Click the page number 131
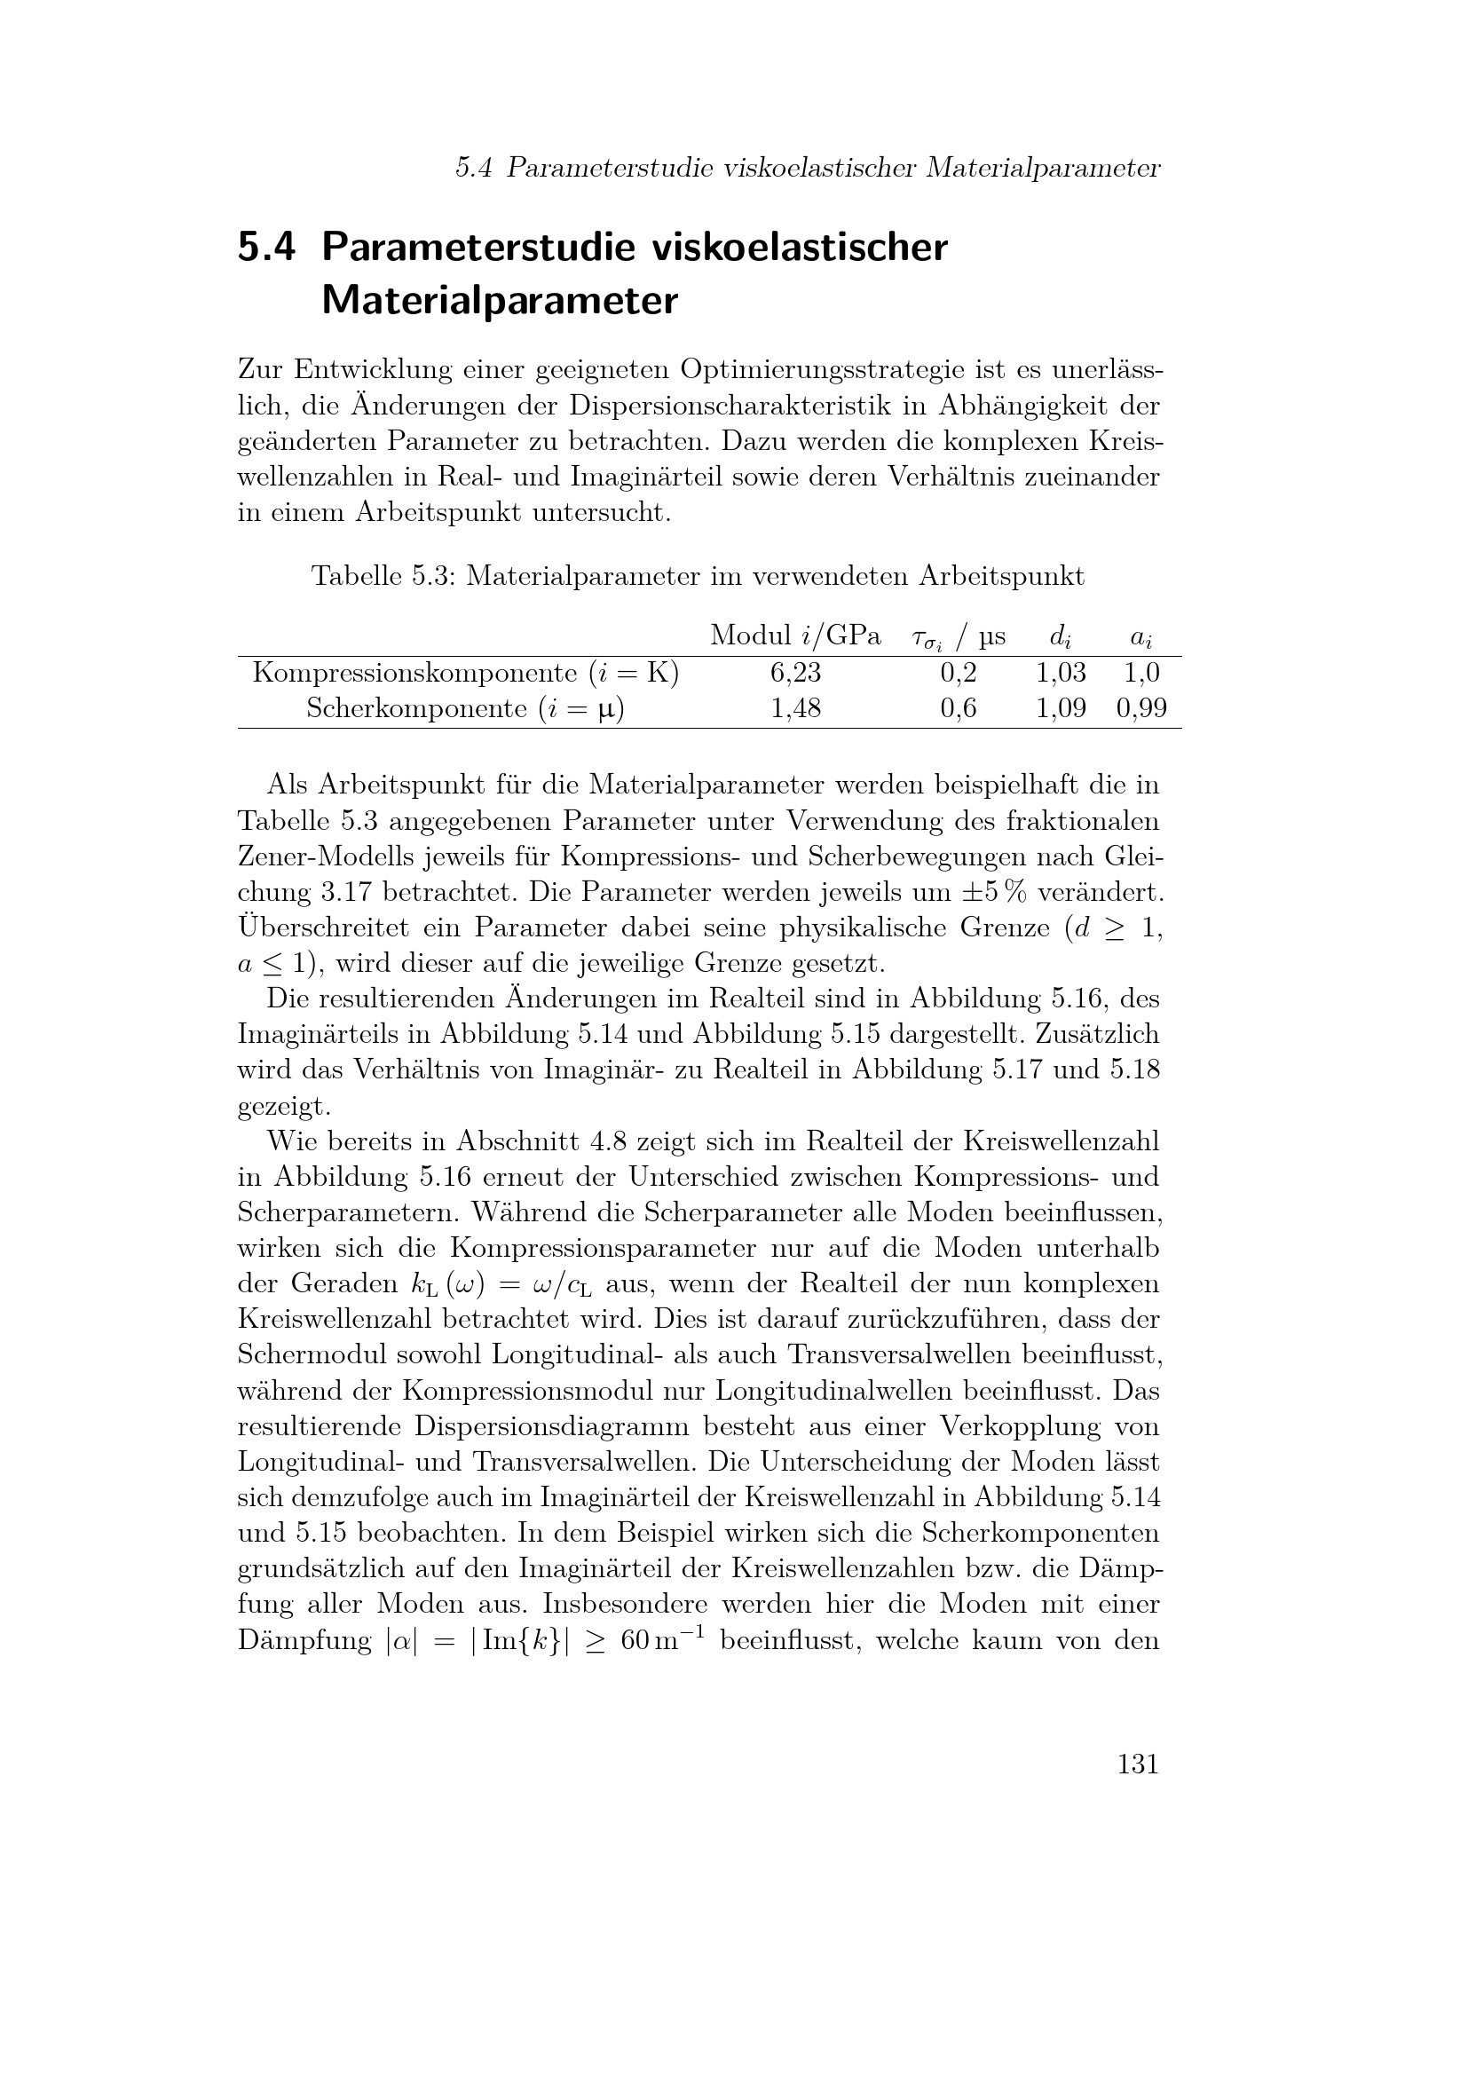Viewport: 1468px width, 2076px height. (x=1137, y=1764)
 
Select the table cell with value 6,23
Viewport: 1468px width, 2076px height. (x=795, y=673)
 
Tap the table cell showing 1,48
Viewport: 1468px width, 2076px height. (x=795, y=708)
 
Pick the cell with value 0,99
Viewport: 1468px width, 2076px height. (x=1140, y=708)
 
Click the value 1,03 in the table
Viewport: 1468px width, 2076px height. (x=1061, y=673)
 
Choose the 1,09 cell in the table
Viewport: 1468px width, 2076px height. (x=1061, y=708)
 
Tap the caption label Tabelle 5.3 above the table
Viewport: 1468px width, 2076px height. (x=383, y=576)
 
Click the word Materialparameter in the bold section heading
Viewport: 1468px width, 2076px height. (x=499, y=300)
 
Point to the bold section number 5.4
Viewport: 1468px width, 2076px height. (x=266, y=247)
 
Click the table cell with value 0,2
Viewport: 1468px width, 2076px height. (x=959, y=673)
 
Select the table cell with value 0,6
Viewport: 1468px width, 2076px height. (x=959, y=708)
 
